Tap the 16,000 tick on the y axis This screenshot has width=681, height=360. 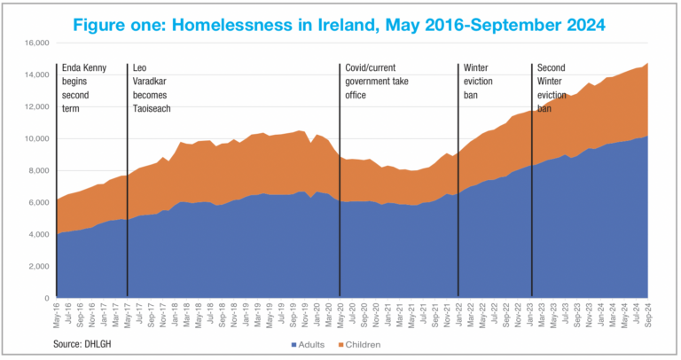pyautogui.click(x=35, y=43)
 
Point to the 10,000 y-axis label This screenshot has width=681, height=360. pyautogui.click(x=35, y=138)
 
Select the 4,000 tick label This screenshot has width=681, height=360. pyautogui.click(x=38, y=235)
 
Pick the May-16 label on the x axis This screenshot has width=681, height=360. pyautogui.click(x=56, y=313)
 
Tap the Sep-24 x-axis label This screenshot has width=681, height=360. pyautogui.click(x=648, y=313)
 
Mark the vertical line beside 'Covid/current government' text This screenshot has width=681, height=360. pyautogui.click(x=340, y=177)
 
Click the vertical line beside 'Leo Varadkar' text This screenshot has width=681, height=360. pyautogui.click(x=128, y=177)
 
